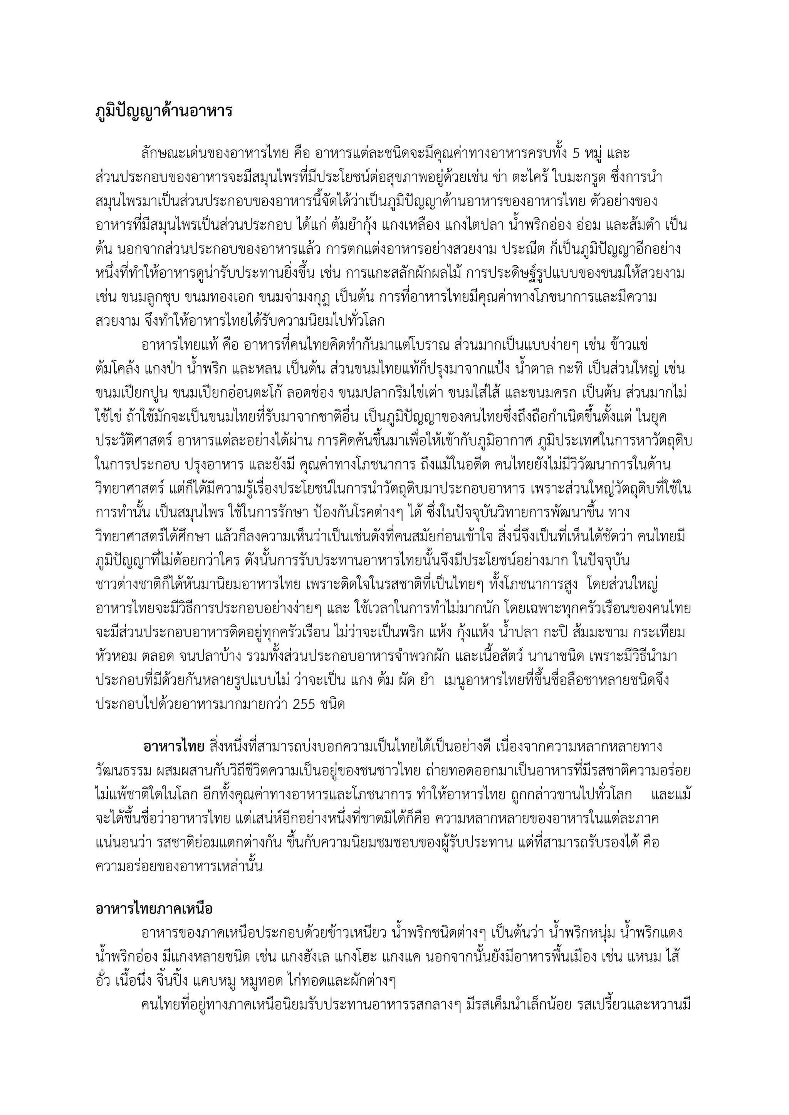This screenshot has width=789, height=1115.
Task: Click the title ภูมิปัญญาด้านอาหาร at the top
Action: pos(164,111)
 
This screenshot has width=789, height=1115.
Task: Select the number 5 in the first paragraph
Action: pos(576,154)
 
